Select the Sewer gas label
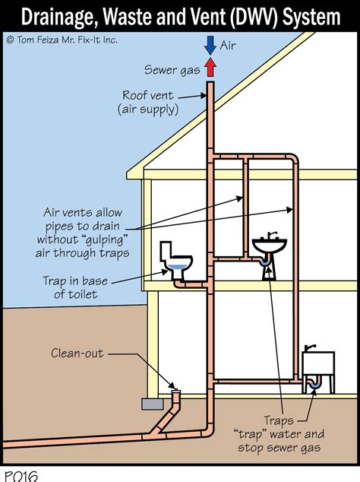tap(171, 70)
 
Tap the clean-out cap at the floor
tap(177, 392)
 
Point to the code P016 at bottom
tap(19, 475)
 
